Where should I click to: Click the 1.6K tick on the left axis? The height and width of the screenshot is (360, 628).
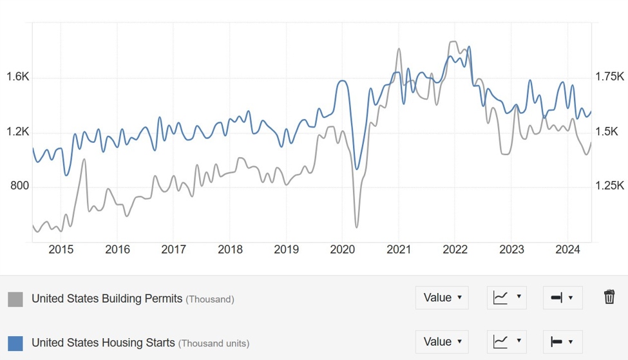[x=18, y=77]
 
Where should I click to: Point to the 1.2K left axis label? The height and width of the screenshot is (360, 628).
[x=18, y=132]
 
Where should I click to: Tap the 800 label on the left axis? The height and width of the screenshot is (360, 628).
[x=19, y=187]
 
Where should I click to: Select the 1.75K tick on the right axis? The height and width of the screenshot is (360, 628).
[x=609, y=77]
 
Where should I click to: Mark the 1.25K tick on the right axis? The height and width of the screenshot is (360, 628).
[x=609, y=186]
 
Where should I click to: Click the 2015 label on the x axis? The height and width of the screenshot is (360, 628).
[x=61, y=250]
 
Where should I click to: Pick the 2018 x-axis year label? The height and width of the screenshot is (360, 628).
[x=230, y=250]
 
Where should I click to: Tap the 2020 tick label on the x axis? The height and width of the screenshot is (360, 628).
[x=343, y=250]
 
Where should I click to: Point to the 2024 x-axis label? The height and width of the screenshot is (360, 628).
[x=568, y=250]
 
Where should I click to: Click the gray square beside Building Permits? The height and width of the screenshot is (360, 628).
[x=15, y=299]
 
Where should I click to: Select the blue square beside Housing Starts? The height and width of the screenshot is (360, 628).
[x=15, y=343]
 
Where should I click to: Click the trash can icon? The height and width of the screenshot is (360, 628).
[x=609, y=297]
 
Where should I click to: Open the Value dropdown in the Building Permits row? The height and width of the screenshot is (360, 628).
[x=442, y=298]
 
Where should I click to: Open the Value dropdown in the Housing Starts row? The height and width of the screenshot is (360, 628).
[x=442, y=341]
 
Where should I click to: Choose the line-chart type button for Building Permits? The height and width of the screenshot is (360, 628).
[x=507, y=298]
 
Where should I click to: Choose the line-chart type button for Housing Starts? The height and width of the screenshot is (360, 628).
[x=507, y=341]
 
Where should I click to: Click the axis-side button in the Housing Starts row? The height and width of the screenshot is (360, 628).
[x=562, y=341]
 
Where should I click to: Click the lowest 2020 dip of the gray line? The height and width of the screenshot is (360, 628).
[x=356, y=227]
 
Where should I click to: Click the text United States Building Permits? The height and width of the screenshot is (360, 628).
[x=107, y=299]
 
